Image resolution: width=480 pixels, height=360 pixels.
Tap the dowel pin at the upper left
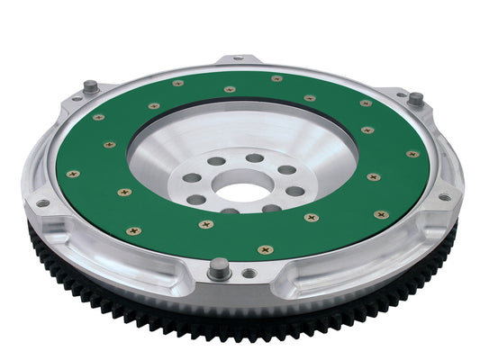91,87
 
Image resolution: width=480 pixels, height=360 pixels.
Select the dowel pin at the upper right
415,99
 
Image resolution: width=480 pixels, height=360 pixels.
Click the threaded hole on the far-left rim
42,203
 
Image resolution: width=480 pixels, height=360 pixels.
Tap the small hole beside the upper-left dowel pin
75,102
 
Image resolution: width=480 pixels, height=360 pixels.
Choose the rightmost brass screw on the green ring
412,154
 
